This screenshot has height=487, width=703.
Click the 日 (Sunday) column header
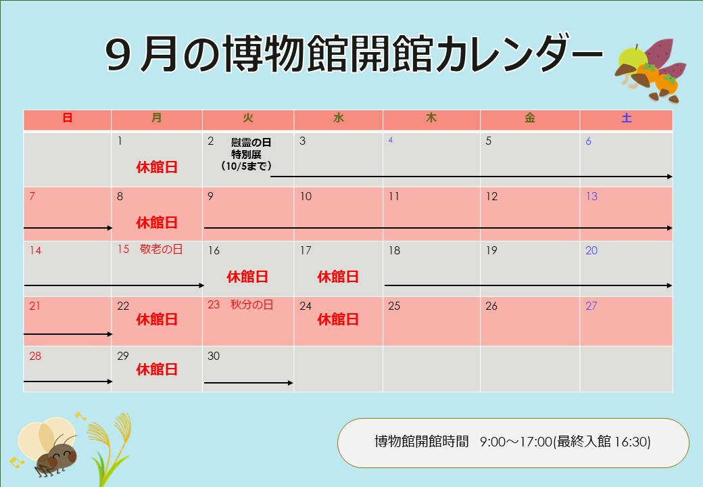tap(67, 118)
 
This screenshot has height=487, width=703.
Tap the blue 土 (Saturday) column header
tap(627, 118)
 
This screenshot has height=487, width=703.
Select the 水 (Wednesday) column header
tap(339, 118)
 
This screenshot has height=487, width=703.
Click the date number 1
tap(120, 141)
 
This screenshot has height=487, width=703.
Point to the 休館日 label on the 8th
tap(157, 223)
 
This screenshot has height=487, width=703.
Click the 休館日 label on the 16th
tap(247, 277)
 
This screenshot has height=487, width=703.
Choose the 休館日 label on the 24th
tap(338, 319)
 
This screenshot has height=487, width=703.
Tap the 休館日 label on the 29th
tap(157, 369)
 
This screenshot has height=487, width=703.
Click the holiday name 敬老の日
tap(162, 249)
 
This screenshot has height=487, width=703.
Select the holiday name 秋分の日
tap(252, 304)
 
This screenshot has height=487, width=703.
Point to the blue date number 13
tap(592, 196)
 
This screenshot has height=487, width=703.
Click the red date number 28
tap(35, 356)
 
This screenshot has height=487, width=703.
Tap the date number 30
tap(214, 356)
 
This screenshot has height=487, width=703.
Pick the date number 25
tap(394, 306)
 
